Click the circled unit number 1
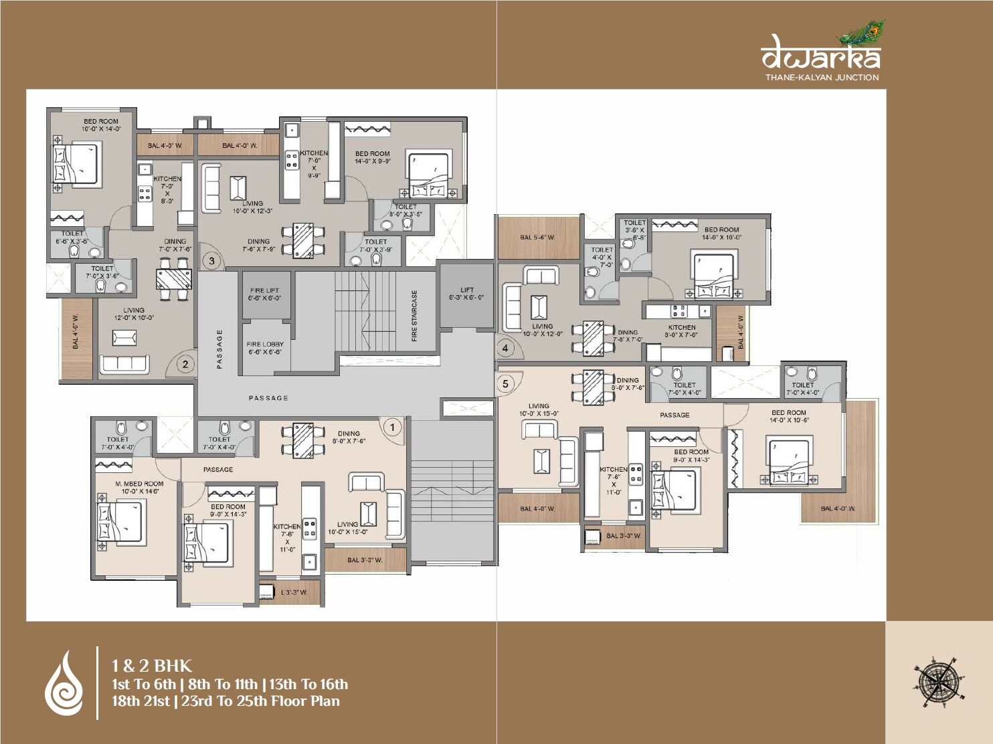392,427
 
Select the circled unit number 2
185,365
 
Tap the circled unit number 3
211,260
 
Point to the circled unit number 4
505,348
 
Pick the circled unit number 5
505,384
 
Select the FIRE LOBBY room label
265,348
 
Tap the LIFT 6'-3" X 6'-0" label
466,294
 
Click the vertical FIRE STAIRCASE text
415,316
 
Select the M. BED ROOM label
139,487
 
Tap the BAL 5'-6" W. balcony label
537,237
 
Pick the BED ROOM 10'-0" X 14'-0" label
101,125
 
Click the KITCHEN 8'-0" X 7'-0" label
681,331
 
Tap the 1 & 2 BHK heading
152,666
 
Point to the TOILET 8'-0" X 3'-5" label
405,211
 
